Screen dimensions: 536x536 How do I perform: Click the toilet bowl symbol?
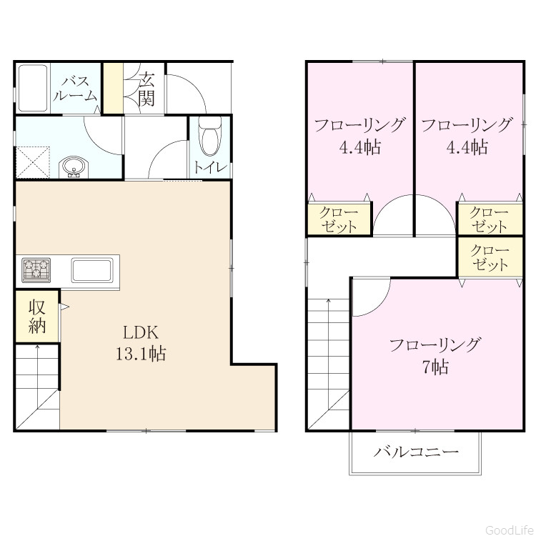(210, 137)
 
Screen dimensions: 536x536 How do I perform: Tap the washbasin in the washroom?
(74, 167)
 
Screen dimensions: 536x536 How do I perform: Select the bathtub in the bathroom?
(32, 88)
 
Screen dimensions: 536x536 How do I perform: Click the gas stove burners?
(36, 270)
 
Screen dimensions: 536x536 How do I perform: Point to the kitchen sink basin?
(92, 270)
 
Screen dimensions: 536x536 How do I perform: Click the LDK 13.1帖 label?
(141, 343)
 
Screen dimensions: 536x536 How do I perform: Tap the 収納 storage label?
(37, 317)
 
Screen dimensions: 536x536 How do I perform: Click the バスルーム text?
(75, 89)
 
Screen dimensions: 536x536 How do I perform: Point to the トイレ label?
(210, 167)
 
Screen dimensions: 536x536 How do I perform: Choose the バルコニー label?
(416, 452)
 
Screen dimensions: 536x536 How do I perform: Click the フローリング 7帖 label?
(435, 356)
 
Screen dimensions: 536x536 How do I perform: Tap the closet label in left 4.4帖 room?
(338, 220)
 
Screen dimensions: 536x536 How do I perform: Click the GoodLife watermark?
(510, 530)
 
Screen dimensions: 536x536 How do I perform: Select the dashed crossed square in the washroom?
(33, 162)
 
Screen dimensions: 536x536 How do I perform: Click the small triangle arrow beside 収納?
(64, 307)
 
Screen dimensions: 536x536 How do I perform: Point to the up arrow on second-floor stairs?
(329, 354)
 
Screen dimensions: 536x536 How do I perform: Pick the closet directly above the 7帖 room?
(490, 257)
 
